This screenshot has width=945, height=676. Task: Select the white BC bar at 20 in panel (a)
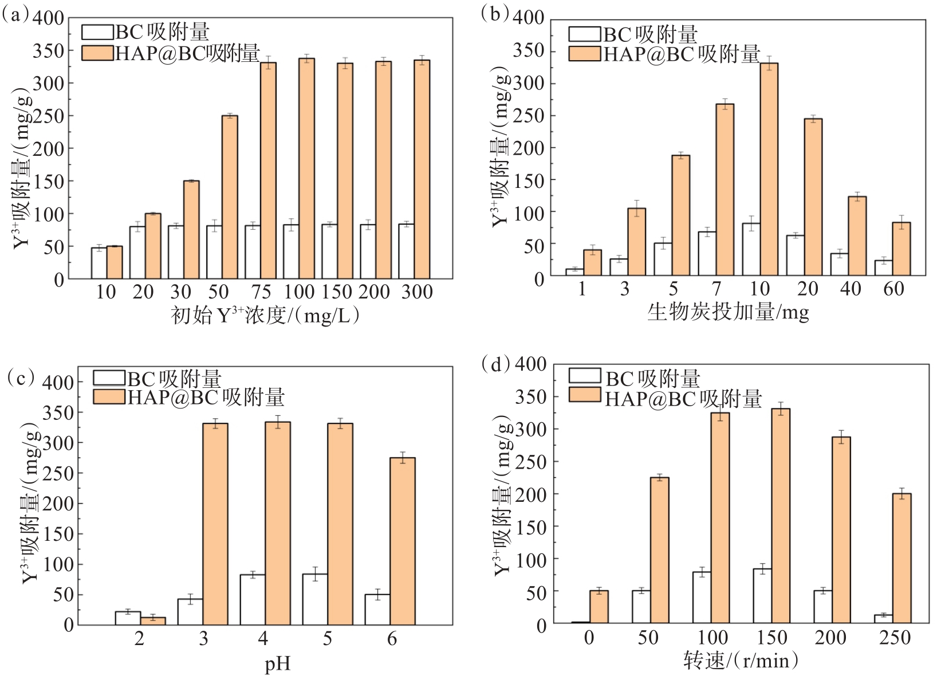[137, 253]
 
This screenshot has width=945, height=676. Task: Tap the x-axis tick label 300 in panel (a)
[416, 292]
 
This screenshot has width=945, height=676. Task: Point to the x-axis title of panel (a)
[265, 315]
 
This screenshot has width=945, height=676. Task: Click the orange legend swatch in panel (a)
[97, 53]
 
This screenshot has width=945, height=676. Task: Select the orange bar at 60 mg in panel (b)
[901, 249]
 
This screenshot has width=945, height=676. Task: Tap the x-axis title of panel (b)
[728, 312]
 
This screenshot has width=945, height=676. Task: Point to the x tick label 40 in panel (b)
[850, 289]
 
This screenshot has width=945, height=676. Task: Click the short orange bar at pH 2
[153, 620]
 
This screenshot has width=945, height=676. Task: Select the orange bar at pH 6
[402, 541]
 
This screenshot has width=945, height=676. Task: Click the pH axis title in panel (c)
[278, 664]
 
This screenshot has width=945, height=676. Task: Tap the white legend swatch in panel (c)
[109, 378]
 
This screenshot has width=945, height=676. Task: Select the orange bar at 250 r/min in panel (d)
[901, 558]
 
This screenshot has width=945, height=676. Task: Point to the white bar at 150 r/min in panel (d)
[762, 596]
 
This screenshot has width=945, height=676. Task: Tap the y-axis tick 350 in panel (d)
[530, 396]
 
